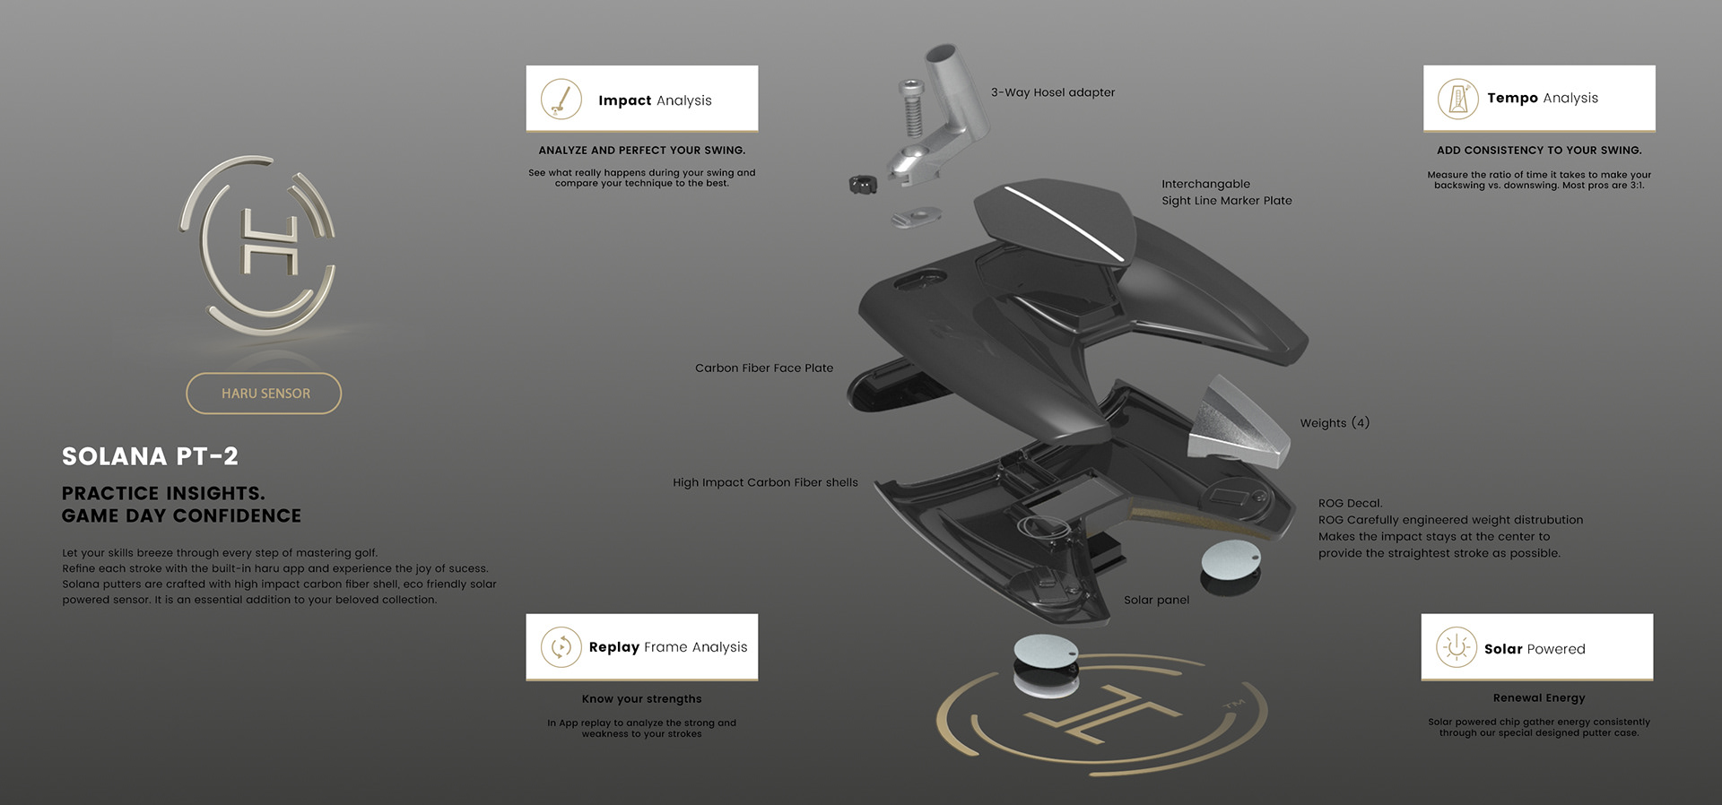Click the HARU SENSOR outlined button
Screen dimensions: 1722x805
click(264, 394)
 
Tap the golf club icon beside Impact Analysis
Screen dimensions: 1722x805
click(561, 99)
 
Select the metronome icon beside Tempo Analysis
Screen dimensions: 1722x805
click(1458, 99)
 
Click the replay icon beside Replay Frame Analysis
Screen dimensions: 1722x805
click(561, 646)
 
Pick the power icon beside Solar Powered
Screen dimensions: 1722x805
click(1457, 647)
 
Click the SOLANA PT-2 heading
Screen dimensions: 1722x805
click(150, 456)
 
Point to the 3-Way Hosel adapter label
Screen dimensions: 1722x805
click(1052, 92)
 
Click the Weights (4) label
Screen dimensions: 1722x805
click(1335, 423)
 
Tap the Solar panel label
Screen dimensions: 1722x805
click(1156, 600)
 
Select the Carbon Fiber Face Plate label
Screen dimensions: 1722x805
click(764, 368)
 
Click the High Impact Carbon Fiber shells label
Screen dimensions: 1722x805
click(765, 482)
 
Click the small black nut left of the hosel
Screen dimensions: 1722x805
click(862, 184)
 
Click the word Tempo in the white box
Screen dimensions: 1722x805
click(1512, 98)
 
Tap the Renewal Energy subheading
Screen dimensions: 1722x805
click(1538, 697)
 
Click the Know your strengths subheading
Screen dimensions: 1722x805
click(641, 698)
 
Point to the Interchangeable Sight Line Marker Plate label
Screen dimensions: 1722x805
click(1226, 192)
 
